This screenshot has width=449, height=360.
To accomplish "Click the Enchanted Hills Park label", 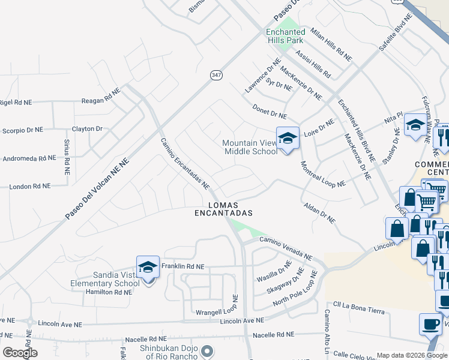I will click(x=286, y=36).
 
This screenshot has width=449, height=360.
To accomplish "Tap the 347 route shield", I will click(x=216, y=75).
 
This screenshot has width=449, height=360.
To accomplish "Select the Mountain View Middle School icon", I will click(x=288, y=139).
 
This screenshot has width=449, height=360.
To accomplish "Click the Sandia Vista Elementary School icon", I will click(x=148, y=268).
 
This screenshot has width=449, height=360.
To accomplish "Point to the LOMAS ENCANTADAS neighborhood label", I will click(x=223, y=209).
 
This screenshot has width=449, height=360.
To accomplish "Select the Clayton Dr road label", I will click(x=88, y=128).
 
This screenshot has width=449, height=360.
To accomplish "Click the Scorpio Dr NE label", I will click(x=23, y=130).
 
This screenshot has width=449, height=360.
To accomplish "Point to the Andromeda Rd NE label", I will click(x=29, y=159).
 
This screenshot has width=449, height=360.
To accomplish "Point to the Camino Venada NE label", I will click(x=286, y=249).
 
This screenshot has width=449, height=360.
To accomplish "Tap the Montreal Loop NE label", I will click(x=323, y=175).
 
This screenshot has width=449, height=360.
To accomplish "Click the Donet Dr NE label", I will click(x=270, y=112).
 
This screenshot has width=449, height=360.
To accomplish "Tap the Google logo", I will click(x=20, y=353).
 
